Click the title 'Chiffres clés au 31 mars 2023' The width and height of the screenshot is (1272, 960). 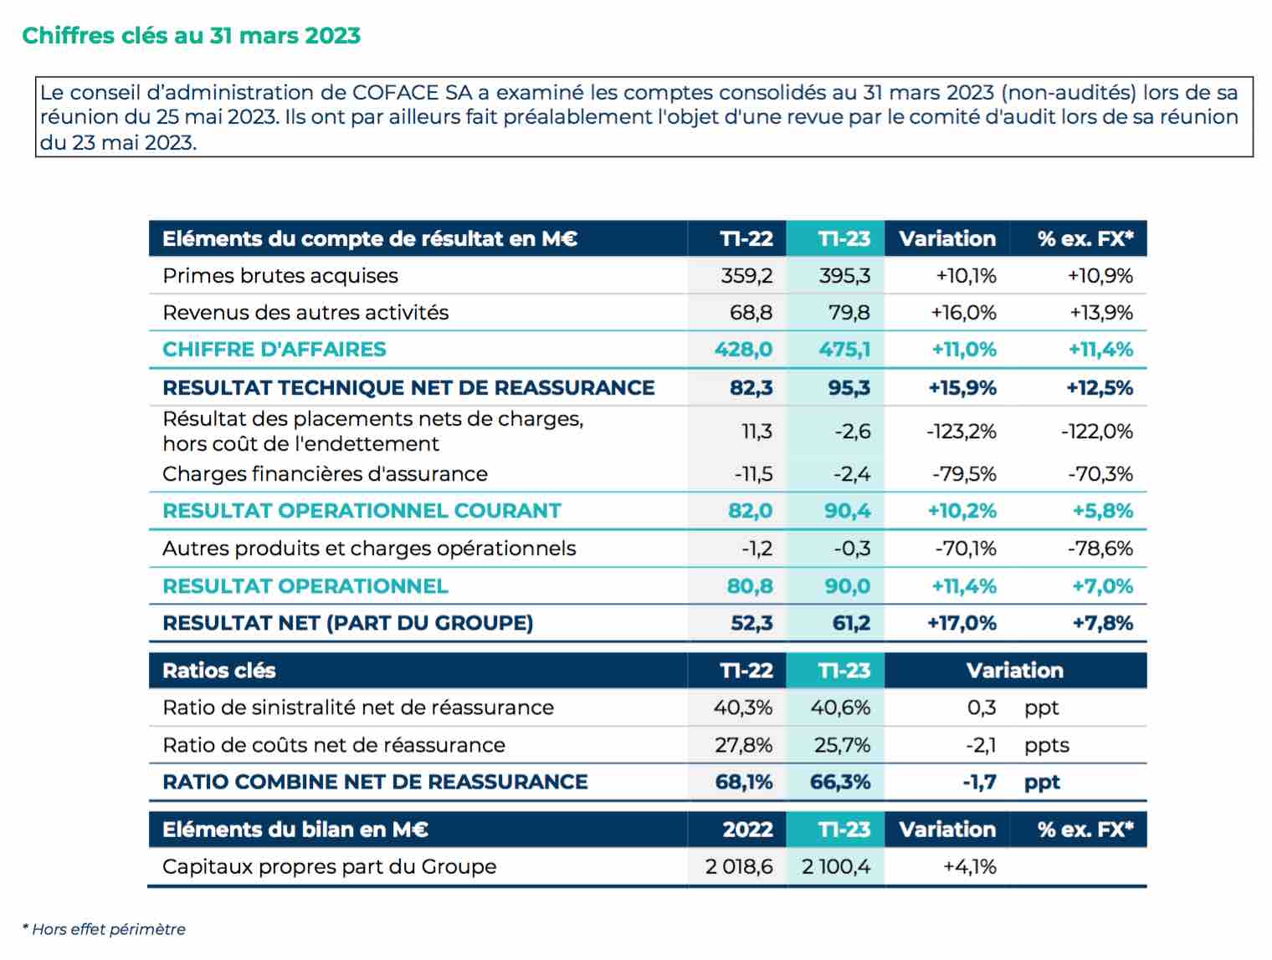(192, 35)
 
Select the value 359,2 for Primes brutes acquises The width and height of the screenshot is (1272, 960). (746, 276)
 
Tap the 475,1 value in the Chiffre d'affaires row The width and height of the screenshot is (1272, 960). (844, 350)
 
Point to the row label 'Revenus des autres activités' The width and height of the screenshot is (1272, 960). (305, 313)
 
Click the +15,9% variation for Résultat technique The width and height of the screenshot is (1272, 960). (962, 387)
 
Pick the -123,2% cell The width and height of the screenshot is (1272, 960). (962, 431)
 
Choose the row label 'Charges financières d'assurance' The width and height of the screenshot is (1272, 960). (325, 473)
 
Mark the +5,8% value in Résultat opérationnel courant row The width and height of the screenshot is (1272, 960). (1103, 511)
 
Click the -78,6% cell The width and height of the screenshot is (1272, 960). (1100, 549)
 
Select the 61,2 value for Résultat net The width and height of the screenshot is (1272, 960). (851, 623)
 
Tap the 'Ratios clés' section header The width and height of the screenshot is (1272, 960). (219, 671)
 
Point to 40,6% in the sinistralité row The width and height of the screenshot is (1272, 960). (840, 707)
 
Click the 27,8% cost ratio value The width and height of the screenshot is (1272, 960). (743, 745)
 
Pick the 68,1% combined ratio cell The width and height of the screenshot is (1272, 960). (743, 782)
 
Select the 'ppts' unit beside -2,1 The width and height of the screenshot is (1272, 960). (1047, 746)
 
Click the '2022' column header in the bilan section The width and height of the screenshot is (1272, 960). (747, 830)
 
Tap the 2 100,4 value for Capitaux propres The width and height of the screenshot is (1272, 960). (836, 867)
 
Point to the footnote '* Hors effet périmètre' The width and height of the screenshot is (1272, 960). (105, 929)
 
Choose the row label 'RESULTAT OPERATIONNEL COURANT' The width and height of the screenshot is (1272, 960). (362, 511)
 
